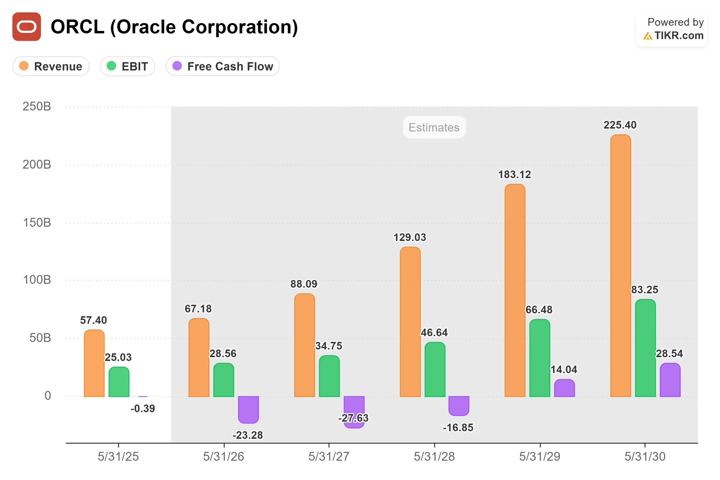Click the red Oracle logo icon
pos(27,27)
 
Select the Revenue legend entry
pos(51,66)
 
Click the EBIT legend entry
pos(127,66)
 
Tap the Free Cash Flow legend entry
pos(222,66)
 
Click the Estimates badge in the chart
pos(434,127)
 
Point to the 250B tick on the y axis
pos(37,107)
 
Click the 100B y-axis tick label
pos(37,280)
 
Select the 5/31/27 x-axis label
pos(329,456)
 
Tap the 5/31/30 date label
pos(645,456)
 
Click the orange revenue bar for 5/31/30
pos(620,266)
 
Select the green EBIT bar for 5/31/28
pos(435,369)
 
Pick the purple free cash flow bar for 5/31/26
pos(248,409)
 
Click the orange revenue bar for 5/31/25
pos(94,363)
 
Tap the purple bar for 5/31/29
pos(564,388)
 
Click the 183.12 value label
pos(514,175)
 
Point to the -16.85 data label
pos(458,427)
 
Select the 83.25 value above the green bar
pos(644,290)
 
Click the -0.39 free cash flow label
pos(143,408)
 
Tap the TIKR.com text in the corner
pos(679,35)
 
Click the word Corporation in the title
pos(240,27)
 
